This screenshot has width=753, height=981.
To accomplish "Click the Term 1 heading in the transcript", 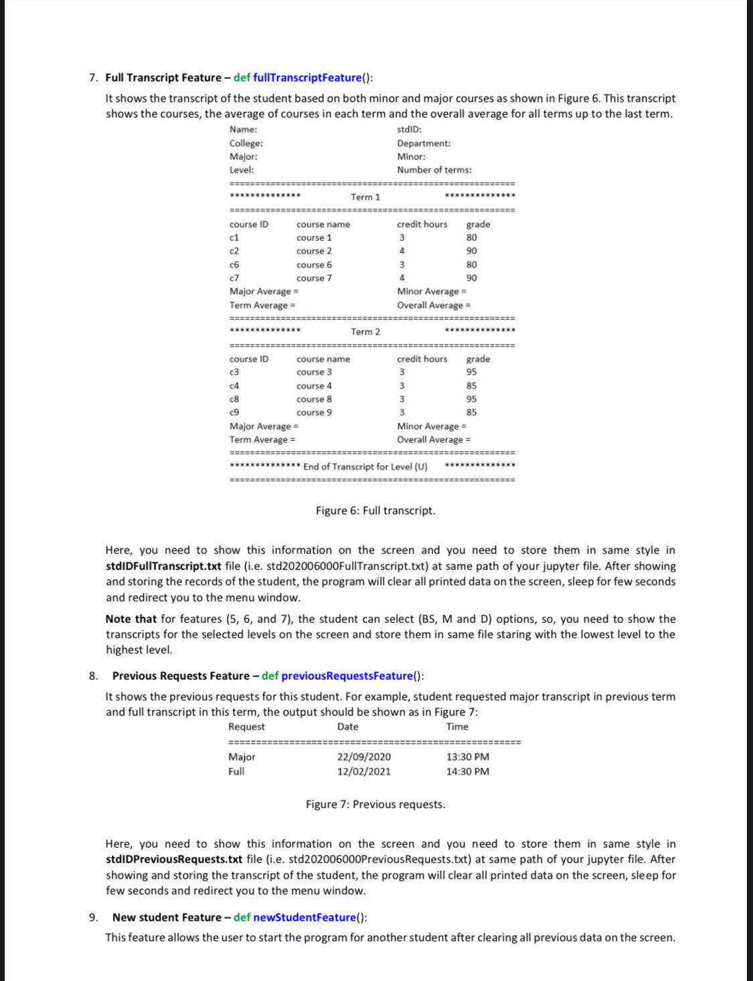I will (365, 197).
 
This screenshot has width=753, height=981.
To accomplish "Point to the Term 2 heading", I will (365, 332).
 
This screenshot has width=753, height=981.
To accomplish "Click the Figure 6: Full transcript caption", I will (375, 511).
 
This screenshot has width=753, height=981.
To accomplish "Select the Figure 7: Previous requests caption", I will (375, 804).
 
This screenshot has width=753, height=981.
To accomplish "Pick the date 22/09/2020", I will (364, 757).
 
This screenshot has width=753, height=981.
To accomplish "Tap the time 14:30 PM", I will (468, 772).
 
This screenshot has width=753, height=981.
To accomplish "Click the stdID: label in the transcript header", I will (409, 130).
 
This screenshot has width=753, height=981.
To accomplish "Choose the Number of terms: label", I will (434, 170).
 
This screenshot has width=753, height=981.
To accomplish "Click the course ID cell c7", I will (234, 278).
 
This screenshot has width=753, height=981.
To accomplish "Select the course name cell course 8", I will (314, 399).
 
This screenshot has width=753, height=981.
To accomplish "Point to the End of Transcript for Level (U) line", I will (365, 466).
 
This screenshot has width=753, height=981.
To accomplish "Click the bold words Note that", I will (131, 619).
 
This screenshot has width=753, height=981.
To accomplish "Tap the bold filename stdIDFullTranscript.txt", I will (164, 566).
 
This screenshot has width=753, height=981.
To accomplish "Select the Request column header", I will (246, 727).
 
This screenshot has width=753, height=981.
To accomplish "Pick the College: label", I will (246, 143).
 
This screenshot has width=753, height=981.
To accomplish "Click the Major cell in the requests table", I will (242, 757).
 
